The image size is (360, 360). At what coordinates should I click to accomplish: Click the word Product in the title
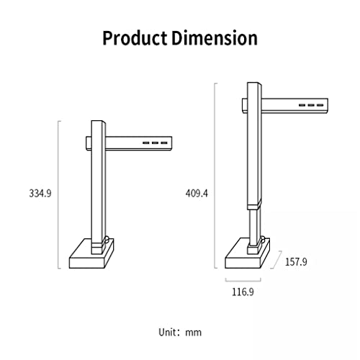[135, 38]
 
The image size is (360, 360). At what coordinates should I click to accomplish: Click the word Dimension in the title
[215, 38]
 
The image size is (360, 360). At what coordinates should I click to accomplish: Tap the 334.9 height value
[40, 193]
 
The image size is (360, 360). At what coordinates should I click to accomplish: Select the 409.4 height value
[197, 193]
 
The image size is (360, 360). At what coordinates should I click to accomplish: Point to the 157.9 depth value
[296, 261]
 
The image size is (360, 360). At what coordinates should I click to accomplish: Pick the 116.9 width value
[243, 292]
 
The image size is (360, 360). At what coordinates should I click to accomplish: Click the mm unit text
[193, 333]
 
